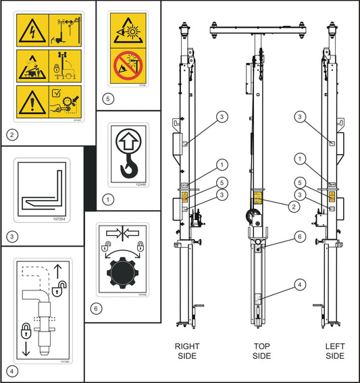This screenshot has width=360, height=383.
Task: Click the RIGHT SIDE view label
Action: tap(187, 351)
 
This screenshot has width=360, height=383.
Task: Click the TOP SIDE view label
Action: tap(261, 351)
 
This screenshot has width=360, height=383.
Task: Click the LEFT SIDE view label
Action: tap(335, 351)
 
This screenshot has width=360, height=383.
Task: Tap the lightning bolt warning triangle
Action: tap(31, 31)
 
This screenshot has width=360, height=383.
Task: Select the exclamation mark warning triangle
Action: tap(31, 100)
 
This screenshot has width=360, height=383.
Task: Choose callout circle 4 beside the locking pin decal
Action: tap(11, 371)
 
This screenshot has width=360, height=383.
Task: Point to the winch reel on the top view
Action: tap(251, 217)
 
